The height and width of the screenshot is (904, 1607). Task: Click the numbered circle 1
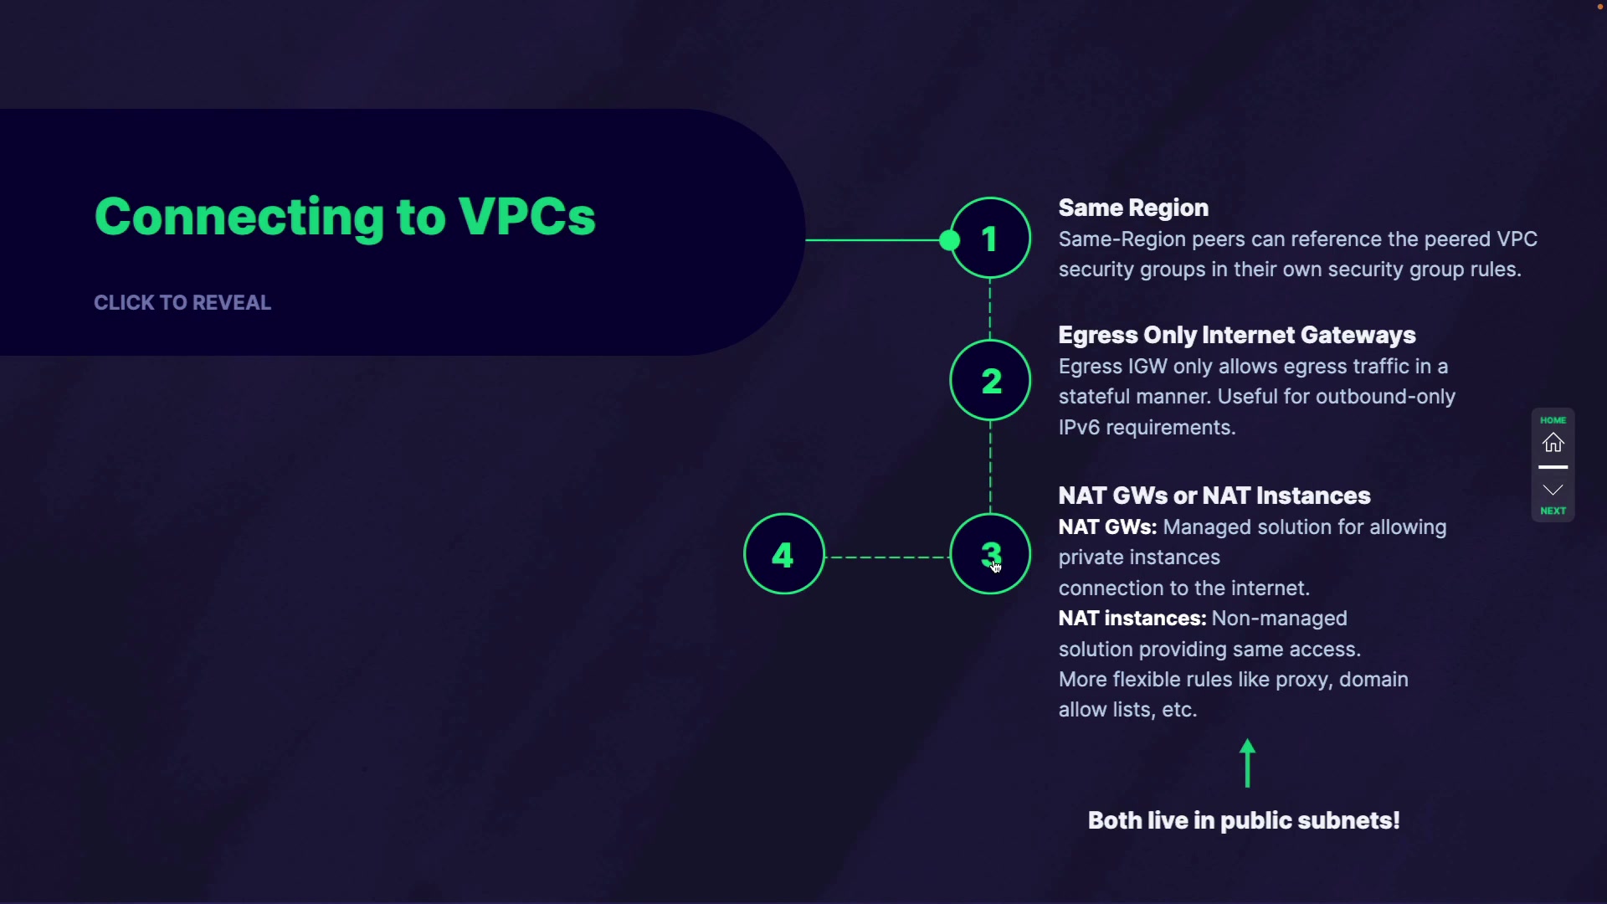[990, 239]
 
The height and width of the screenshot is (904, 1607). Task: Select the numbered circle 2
[990, 381]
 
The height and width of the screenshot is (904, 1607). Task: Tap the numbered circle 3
[990, 554]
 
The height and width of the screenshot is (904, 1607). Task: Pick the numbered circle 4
[783, 554]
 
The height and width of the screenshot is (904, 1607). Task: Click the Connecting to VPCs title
[345, 217]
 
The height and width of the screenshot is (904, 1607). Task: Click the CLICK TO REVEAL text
[182, 303]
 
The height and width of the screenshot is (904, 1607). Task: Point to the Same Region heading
[1133, 208]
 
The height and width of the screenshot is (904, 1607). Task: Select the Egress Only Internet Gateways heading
[1236, 335]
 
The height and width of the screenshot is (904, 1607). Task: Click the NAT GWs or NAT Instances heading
[1214, 496]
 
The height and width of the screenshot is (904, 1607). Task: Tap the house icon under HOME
[1553, 443]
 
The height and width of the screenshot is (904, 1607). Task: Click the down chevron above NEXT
[1553, 490]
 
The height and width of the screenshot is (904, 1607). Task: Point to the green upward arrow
[1248, 763]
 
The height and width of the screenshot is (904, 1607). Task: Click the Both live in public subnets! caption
[1244, 820]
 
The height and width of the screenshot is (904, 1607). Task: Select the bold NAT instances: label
[1132, 619]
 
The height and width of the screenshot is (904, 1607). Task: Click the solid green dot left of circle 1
[949, 241]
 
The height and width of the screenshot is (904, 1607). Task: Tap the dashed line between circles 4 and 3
[887, 557]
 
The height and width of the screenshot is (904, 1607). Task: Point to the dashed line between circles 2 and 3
[990, 465]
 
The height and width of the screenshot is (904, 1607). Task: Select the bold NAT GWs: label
[1107, 527]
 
